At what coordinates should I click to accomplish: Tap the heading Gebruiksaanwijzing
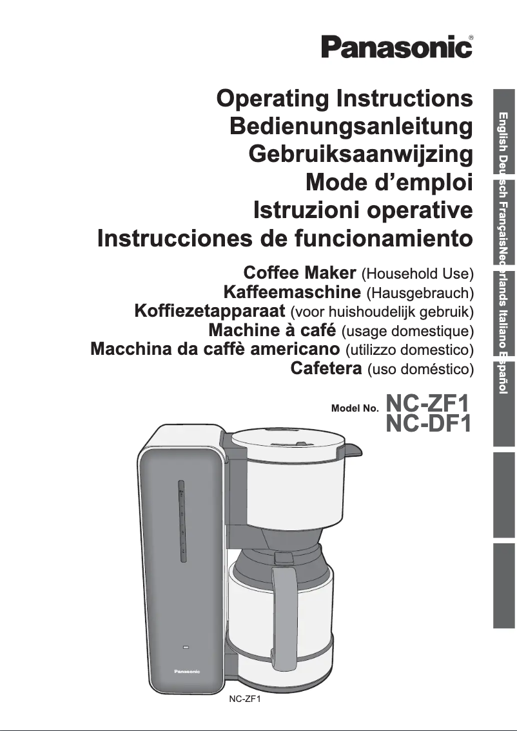[361, 155]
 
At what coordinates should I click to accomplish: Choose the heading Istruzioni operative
[364, 210]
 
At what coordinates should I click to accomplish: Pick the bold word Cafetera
[325, 369]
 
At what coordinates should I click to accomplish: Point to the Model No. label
[354, 408]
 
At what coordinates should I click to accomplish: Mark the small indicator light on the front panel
[186, 646]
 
